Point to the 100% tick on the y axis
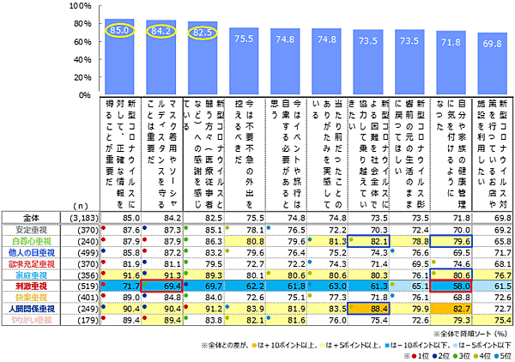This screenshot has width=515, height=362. point(81,6)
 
